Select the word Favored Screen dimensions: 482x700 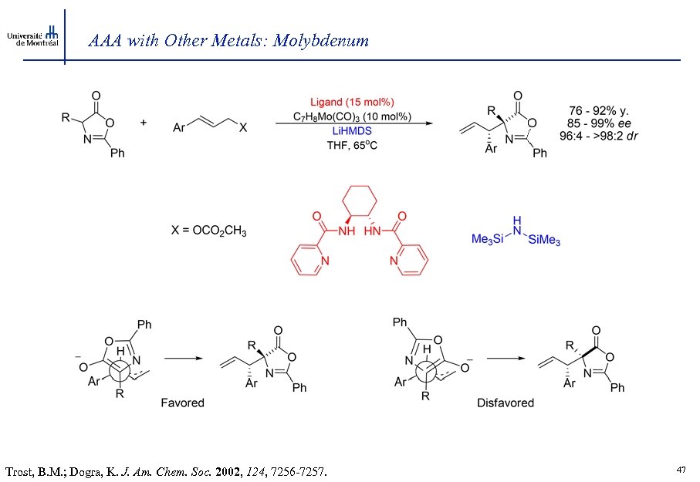coord(182,402)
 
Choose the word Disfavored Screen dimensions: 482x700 coord(505,402)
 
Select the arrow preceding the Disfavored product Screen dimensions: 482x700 coord(505,358)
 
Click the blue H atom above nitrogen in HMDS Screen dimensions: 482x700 coord(516,218)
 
